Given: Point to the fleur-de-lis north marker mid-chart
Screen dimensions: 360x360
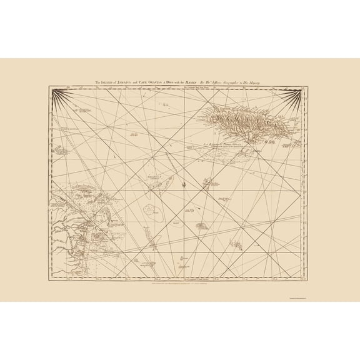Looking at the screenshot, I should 181,185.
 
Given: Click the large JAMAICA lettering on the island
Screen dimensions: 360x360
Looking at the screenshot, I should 241,118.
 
